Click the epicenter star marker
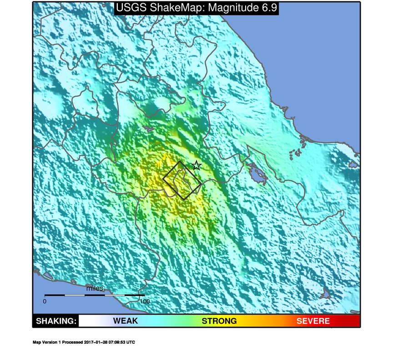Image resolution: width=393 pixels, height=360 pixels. [196, 165]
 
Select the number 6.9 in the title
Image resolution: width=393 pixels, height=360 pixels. [267, 8]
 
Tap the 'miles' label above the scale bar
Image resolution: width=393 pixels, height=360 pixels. [95, 288]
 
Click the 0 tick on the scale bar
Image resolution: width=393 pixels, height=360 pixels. [45, 301]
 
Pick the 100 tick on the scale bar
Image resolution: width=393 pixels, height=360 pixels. [145, 301]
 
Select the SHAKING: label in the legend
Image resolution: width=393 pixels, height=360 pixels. [56, 321]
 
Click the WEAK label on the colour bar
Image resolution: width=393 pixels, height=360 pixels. [125, 321]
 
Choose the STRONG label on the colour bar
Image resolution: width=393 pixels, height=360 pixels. [219, 321]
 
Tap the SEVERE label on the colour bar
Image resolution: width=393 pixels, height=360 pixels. [313, 321]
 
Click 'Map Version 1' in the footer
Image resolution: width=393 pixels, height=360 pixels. [46, 342]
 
